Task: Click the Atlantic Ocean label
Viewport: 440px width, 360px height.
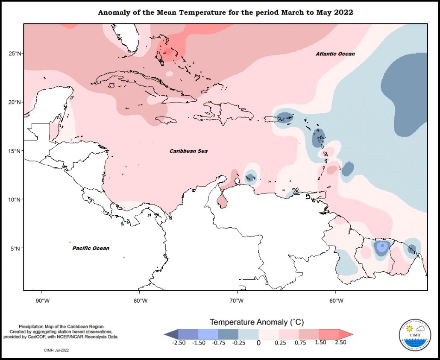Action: click(x=335, y=54)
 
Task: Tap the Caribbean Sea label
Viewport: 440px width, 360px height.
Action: click(x=188, y=151)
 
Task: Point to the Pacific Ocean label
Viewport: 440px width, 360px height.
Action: click(x=91, y=248)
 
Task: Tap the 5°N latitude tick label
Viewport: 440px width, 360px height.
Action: click(x=15, y=248)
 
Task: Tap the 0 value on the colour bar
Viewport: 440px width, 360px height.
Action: click(x=258, y=342)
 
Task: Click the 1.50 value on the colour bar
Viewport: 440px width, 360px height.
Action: click(x=320, y=342)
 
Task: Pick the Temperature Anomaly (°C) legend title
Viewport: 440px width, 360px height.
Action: click(x=256, y=322)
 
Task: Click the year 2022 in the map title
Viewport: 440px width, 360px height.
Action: click(x=343, y=12)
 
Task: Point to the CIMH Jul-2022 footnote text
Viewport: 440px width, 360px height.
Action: click(x=56, y=350)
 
